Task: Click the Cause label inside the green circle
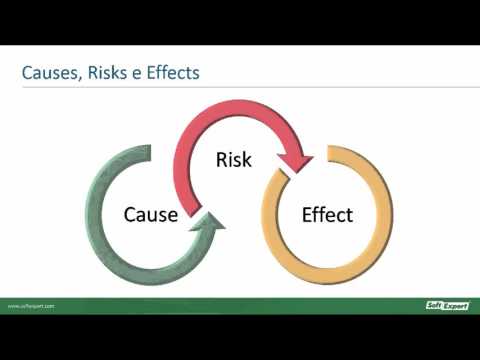tap(150, 214)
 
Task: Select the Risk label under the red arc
tap(234, 160)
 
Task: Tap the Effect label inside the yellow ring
tap(327, 214)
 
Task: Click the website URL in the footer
tap(30, 306)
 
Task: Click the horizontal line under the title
tap(240, 87)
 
